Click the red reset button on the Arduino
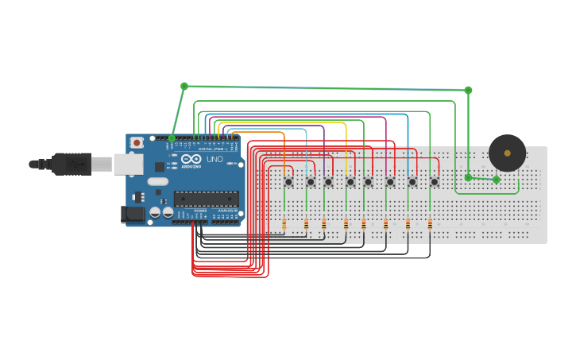point(137,142)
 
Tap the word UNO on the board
point(215,159)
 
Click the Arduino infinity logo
point(191,159)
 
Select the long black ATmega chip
point(206,199)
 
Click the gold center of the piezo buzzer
point(507,153)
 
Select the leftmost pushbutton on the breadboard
point(288,182)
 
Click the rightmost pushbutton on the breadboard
point(434,182)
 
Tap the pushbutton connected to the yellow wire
point(350,182)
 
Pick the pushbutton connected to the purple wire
point(328,182)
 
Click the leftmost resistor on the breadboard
point(284,224)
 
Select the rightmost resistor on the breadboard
point(430,224)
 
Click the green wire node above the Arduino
point(184,86)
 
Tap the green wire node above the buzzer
point(468,90)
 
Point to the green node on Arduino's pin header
point(172,138)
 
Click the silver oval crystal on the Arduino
point(157,181)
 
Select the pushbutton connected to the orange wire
point(288,182)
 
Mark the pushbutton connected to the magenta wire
point(390,182)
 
